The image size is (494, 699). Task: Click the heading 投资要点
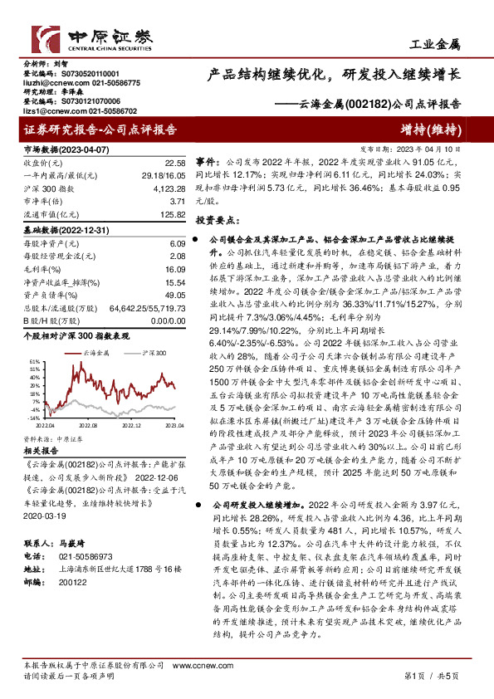[218, 222]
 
